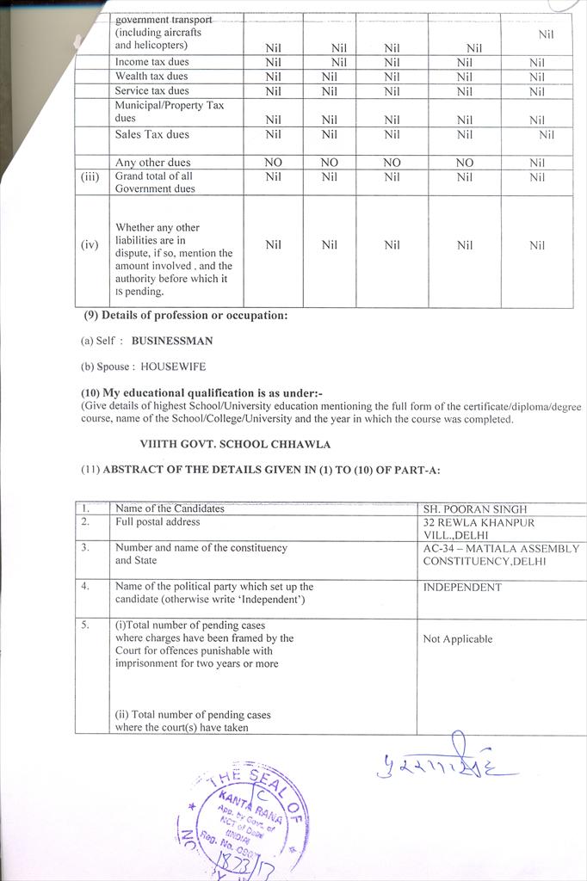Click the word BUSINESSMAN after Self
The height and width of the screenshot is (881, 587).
pos(172,341)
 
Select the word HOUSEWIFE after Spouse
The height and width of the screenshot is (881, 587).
pos(173,367)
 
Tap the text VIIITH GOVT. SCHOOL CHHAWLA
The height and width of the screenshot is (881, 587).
pos(235,445)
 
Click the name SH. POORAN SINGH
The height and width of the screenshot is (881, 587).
pos(474,509)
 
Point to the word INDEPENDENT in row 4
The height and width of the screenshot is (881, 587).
pos(462,588)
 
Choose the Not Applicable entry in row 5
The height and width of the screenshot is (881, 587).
pos(458,639)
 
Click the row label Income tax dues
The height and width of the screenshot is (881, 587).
pos(152,62)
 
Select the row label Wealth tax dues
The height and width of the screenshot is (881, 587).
pos(151,77)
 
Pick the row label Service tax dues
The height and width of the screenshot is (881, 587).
pos(152,90)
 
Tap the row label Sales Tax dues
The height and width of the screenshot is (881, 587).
pos(152,134)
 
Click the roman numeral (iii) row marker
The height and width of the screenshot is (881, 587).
pos(90,176)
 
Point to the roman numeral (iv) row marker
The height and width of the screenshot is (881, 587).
pos(90,245)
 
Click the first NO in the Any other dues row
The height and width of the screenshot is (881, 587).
pos(273,163)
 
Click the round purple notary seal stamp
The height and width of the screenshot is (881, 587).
pos(243,818)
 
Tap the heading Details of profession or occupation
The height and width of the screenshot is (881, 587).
pos(194,315)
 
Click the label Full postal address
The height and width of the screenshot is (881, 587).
pos(158,522)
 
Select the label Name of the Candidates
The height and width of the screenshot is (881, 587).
pos(170,508)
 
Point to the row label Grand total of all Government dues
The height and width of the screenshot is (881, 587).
pos(156,182)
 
